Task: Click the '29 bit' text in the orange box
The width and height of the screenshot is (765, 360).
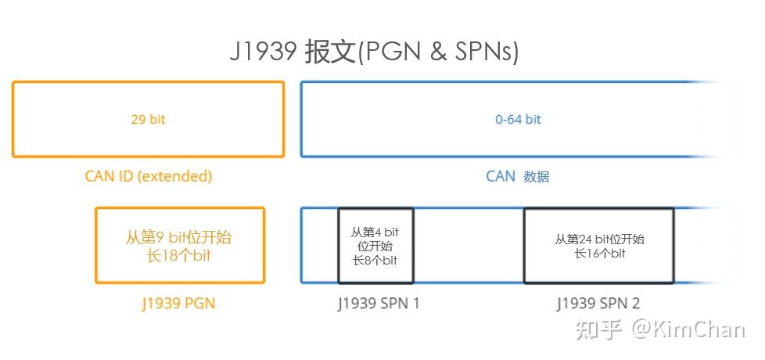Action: [x=148, y=120]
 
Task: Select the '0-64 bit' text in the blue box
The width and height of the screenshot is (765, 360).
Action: [x=518, y=120]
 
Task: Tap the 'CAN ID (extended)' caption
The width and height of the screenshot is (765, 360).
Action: [x=149, y=176]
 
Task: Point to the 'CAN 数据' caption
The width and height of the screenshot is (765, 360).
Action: [x=518, y=176]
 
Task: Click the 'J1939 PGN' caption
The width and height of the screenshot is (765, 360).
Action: [x=179, y=304]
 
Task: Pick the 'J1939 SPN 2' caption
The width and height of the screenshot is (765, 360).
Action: [x=598, y=304]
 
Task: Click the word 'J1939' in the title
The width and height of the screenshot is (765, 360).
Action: [x=263, y=52]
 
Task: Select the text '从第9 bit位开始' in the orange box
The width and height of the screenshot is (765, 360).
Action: [x=179, y=237]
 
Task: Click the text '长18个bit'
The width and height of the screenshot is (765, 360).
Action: [x=179, y=255]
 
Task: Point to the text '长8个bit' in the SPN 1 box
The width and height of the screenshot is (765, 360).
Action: [x=375, y=260]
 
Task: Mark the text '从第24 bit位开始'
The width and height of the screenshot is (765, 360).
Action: [x=600, y=239]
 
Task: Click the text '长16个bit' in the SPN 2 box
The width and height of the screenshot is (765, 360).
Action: [x=600, y=253]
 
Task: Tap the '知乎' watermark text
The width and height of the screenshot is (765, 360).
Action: [x=598, y=330]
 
